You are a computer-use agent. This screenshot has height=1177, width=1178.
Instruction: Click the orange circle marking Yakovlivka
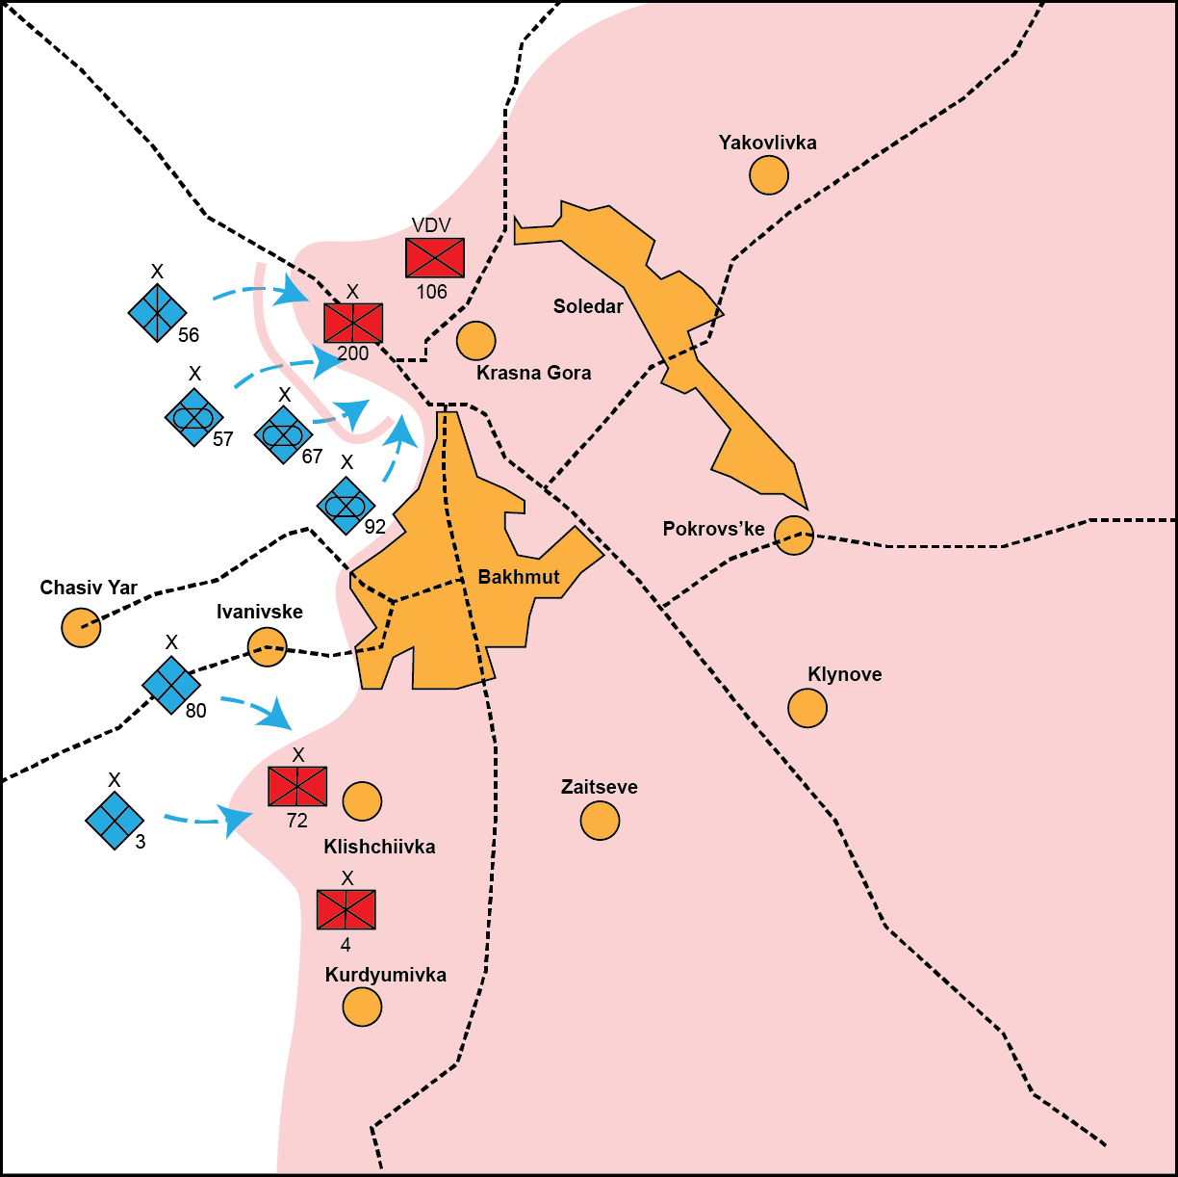pyautogui.click(x=769, y=175)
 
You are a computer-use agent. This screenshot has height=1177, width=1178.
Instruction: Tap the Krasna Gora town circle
pyautogui.click(x=475, y=340)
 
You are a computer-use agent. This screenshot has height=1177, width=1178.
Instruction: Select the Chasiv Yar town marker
pyautogui.click(x=81, y=628)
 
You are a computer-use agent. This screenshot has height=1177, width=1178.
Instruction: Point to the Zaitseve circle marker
pyautogui.click(x=600, y=821)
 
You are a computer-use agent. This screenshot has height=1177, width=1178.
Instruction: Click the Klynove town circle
pyautogui.click(x=807, y=708)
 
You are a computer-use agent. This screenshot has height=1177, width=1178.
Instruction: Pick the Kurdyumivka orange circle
pyautogui.click(x=362, y=1007)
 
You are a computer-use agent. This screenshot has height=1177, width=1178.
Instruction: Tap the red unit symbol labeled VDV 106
pyautogui.click(x=435, y=258)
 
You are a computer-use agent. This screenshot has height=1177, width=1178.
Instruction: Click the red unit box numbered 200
pyautogui.click(x=353, y=323)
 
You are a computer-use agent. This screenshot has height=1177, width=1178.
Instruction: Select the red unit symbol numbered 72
pyautogui.click(x=297, y=786)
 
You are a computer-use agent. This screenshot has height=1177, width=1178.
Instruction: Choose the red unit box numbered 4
pyautogui.click(x=346, y=909)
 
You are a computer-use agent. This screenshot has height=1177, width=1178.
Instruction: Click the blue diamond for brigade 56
pyautogui.click(x=157, y=312)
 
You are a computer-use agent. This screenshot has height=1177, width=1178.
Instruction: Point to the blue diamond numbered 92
pyautogui.click(x=346, y=505)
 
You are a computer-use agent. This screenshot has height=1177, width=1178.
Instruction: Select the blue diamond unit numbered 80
pyautogui.click(x=171, y=685)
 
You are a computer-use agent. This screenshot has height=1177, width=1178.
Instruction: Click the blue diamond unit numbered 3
pyautogui.click(x=115, y=821)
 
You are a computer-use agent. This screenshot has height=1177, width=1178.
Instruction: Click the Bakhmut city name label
pyautogui.click(x=519, y=577)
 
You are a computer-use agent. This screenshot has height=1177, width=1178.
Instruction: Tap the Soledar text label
pyautogui.click(x=588, y=306)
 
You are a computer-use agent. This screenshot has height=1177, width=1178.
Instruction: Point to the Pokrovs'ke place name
pyautogui.click(x=714, y=529)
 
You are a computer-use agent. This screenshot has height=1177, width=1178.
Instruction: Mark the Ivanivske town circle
pyautogui.click(x=267, y=647)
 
